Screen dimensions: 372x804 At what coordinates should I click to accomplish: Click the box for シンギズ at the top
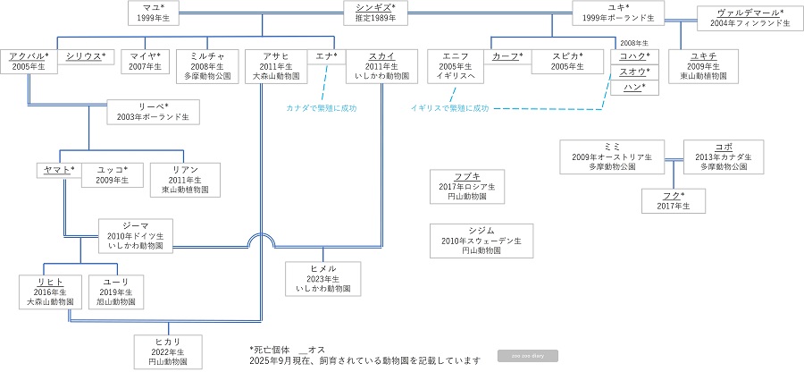tap(375, 13)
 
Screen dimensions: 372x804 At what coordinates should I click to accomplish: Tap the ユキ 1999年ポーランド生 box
tap(617, 13)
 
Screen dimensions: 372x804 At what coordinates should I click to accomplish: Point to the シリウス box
tap(86, 56)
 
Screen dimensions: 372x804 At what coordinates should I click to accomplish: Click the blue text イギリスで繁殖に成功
tap(449, 107)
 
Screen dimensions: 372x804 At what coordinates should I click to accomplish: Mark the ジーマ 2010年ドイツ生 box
tap(136, 234)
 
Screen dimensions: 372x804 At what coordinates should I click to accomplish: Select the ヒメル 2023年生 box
tap(324, 278)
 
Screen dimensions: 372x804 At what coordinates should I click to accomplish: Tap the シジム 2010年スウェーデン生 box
tap(481, 241)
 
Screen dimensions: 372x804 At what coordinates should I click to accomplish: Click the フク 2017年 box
tap(674, 200)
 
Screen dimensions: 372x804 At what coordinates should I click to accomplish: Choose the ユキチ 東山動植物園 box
tap(702, 65)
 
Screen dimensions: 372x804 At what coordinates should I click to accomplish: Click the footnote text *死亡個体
tap(272, 349)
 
